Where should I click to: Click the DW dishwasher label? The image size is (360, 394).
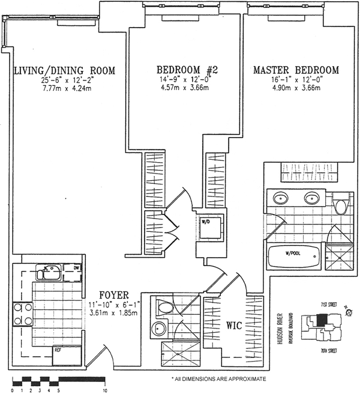76,268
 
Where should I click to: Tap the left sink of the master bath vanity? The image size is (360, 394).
280,198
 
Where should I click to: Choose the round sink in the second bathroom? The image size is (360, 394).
158,329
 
